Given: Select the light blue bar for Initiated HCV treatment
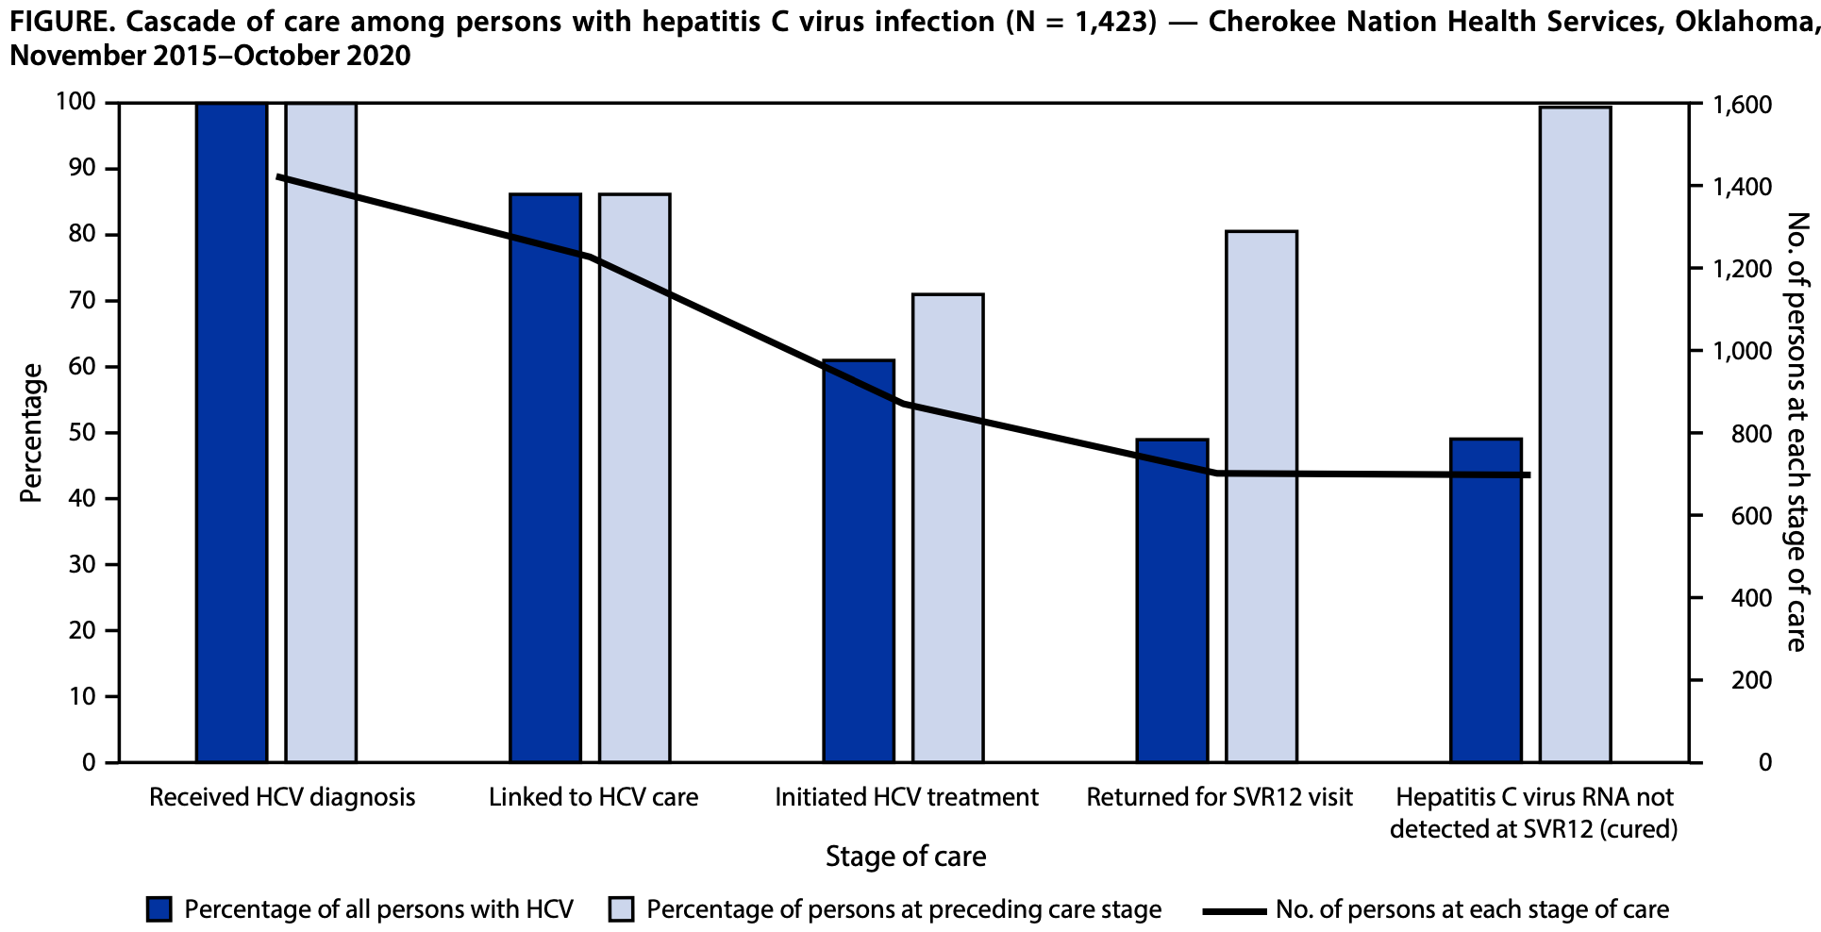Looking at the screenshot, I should (x=948, y=527).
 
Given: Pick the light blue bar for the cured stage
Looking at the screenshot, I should (x=1575, y=434).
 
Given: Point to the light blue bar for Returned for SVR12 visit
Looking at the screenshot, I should (x=1261, y=496).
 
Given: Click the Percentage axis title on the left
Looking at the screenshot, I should (x=32, y=432).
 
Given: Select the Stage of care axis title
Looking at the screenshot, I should (x=906, y=857).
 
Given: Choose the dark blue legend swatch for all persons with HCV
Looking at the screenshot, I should (x=159, y=910).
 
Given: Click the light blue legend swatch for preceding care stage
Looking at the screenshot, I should (x=622, y=910).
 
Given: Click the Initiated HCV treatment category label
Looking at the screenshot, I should (x=906, y=797).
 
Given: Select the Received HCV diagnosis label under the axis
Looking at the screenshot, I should (x=282, y=797).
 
